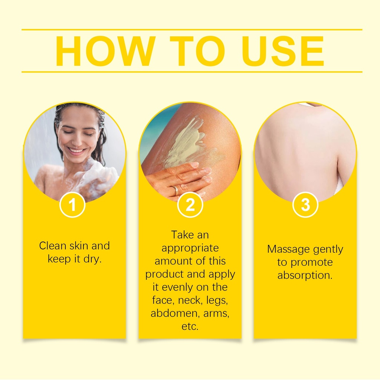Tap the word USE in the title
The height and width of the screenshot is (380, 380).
tap(283, 51)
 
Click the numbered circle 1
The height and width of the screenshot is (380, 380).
tap(72, 205)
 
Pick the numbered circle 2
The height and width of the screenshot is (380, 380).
tap(190, 205)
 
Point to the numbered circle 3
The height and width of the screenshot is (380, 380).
tap(305, 205)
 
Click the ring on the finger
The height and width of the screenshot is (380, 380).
tap(176, 189)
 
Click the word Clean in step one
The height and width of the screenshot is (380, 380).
tap(53, 246)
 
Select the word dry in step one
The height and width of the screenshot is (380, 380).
tap(92, 259)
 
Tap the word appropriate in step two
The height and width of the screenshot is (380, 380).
tap(190, 248)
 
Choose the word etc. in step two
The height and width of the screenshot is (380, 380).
tap(190, 327)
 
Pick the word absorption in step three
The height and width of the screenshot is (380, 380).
tap(305, 276)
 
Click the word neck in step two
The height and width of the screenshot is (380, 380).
tap(190, 300)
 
